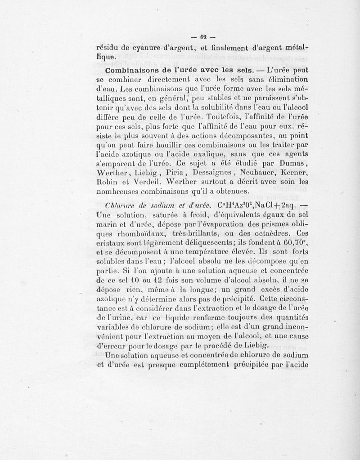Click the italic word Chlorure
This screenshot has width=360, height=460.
coord(119,205)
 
